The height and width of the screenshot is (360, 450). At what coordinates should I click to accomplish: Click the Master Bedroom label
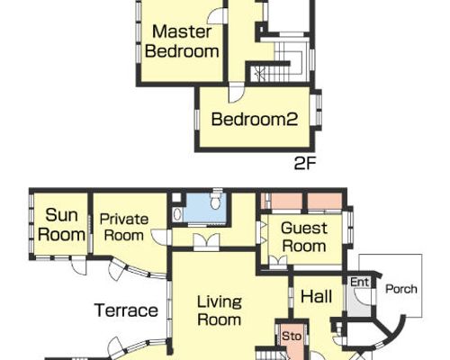[182, 41]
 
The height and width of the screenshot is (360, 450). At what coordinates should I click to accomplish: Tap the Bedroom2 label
[255, 119]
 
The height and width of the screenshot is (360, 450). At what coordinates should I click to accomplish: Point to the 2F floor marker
[305, 164]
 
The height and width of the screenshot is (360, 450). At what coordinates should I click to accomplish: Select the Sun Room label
[61, 225]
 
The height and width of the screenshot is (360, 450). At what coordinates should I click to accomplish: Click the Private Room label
[124, 228]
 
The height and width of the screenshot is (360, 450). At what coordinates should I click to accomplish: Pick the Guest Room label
[304, 238]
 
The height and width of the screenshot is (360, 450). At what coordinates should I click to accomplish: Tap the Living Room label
[220, 310]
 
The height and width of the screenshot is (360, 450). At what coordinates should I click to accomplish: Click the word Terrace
[126, 310]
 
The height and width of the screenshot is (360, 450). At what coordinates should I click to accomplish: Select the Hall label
[316, 296]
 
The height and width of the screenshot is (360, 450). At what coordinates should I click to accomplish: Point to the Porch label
[401, 289]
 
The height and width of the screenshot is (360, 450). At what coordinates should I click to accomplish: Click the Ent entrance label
[359, 282]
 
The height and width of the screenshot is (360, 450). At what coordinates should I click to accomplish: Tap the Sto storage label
[292, 336]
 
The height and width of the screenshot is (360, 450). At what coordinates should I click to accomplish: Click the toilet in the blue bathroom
[215, 200]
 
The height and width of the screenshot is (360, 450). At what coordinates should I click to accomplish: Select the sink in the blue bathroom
[177, 214]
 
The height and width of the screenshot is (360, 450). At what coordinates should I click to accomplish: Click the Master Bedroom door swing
[217, 15]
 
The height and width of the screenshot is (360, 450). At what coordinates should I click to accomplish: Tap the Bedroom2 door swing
[237, 94]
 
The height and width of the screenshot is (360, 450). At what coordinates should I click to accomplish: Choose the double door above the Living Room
[206, 242]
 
